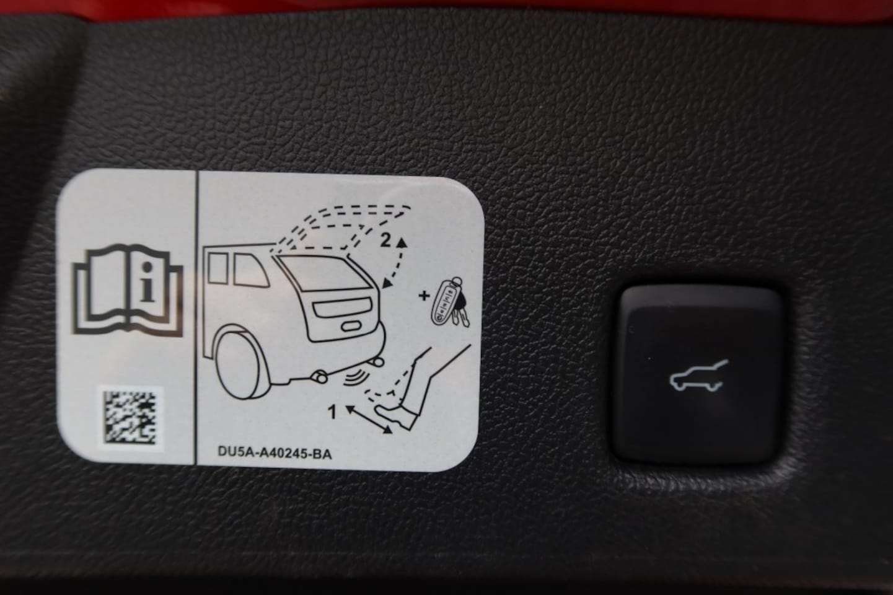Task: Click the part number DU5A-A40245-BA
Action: coord(275,453)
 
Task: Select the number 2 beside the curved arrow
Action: coord(385,240)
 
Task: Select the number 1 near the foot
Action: coord(333,412)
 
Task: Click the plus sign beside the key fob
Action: coord(424,296)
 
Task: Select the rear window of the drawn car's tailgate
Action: coord(323,272)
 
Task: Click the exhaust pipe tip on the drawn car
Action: coord(319,376)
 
